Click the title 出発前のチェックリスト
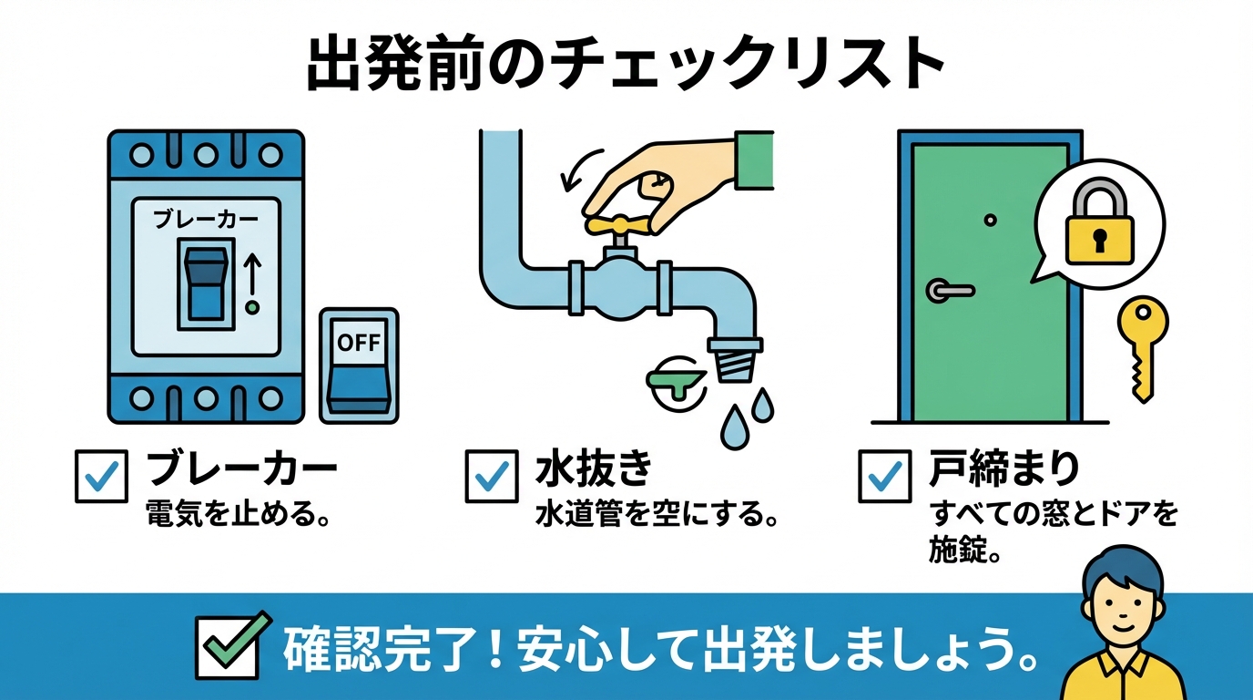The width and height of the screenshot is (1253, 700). point(626,66)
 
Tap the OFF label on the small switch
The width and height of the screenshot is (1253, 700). point(359,342)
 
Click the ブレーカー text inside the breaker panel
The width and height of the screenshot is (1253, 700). point(205,219)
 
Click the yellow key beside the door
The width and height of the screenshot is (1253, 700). point(1143,348)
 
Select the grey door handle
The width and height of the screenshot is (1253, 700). point(949,290)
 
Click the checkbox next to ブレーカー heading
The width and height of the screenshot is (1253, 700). point(101,476)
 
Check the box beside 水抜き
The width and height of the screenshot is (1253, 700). point(492,476)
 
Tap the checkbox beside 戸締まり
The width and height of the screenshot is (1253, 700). point(885,476)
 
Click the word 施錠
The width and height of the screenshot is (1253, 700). point(957,550)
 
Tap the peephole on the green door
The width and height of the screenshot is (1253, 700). point(990,220)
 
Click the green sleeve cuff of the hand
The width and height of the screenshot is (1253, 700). point(754,160)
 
